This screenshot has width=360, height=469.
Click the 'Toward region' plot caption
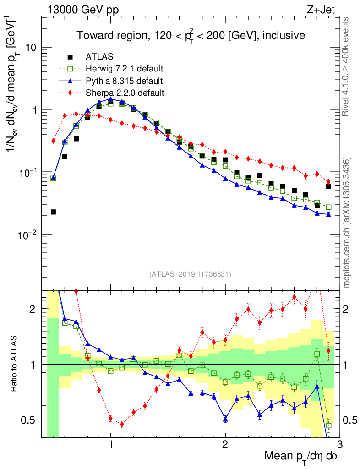click(191, 35)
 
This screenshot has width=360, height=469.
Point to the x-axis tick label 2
click(225, 445)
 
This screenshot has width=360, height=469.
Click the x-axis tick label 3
click(339, 445)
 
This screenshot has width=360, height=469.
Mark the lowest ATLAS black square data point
click(53, 212)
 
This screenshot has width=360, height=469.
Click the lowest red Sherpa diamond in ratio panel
click(122, 425)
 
